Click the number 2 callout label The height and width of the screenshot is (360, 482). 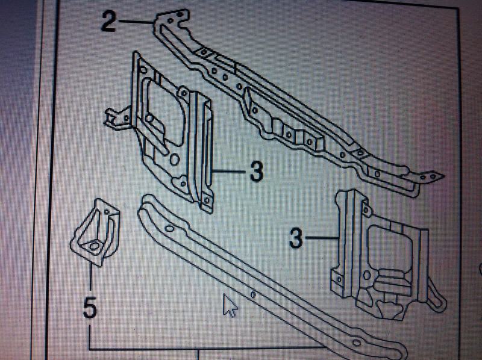(109, 23)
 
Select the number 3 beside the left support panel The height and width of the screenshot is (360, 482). (255, 172)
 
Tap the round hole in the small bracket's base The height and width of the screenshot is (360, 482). (95, 246)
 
